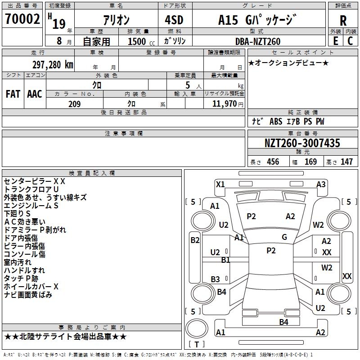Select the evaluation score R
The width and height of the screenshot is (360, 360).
(x=343, y=21)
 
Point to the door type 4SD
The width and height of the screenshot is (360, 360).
(x=174, y=20)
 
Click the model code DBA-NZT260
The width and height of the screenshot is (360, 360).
(x=258, y=41)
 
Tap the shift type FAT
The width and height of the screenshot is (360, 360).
(x=13, y=94)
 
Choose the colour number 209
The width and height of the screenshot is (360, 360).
(x=74, y=104)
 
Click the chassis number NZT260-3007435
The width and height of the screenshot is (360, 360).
(x=302, y=143)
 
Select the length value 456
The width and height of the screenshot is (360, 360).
(x=273, y=162)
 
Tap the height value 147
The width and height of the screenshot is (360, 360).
(x=346, y=162)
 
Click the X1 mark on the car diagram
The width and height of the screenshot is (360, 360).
(x=220, y=184)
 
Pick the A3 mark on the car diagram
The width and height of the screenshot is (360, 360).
(x=321, y=184)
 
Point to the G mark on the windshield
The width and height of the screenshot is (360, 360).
(x=284, y=237)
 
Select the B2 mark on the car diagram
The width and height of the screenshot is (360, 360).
(x=195, y=240)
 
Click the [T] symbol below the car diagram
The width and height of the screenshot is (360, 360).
(x=196, y=344)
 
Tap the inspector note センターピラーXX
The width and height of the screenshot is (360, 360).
(x=35, y=181)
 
